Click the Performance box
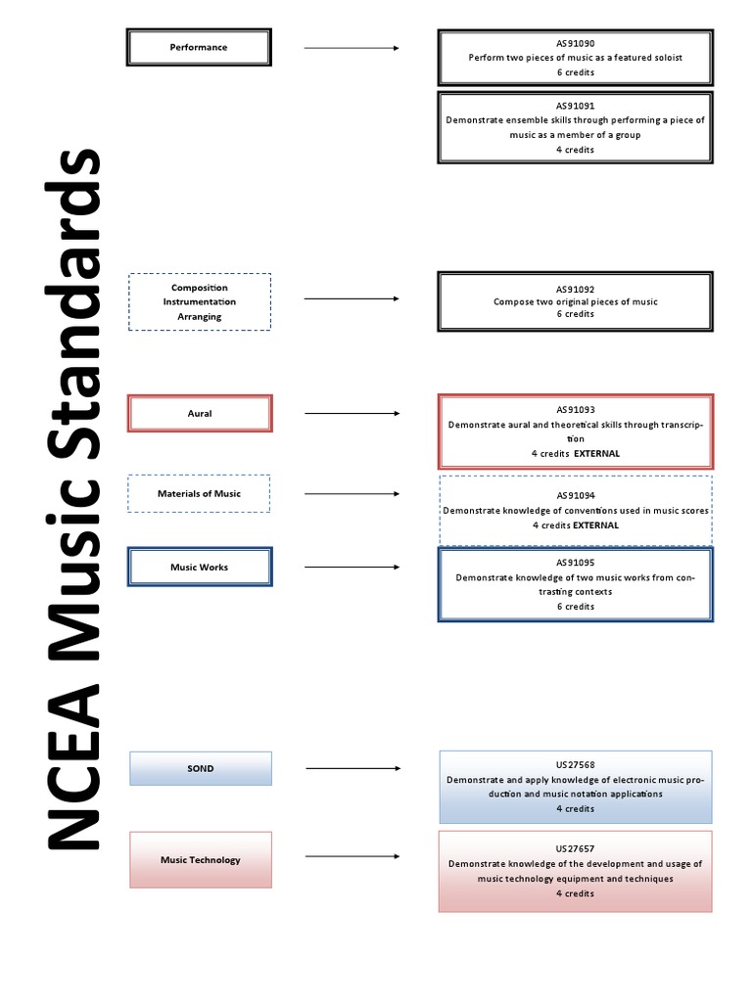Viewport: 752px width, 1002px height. [199, 47]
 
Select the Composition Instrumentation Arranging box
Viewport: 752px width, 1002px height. [200, 301]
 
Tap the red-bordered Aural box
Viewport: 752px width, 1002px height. [200, 413]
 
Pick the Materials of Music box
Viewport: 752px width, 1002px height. [199, 493]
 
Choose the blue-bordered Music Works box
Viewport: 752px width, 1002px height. [200, 567]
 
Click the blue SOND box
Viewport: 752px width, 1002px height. [201, 768]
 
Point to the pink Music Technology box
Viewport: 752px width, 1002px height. [201, 860]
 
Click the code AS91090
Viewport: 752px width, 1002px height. [575, 44]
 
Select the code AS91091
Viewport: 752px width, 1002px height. [575, 106]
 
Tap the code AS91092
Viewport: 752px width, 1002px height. [575, 290]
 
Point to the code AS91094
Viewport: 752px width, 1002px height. [575, 496]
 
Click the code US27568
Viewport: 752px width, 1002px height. [575, 765]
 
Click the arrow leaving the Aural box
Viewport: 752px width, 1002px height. [352, 414]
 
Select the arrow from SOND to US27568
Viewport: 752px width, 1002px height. [352, 769]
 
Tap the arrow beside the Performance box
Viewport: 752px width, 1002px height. [352, 47]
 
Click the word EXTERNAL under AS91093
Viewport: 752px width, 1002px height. [596, 454]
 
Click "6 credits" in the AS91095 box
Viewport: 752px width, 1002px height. [575, 607]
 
